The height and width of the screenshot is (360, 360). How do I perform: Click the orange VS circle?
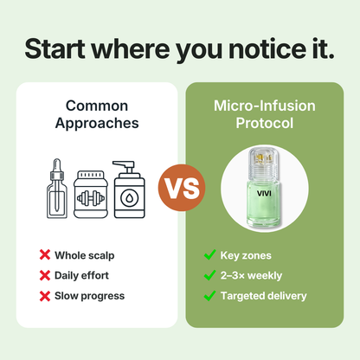coord(179,185)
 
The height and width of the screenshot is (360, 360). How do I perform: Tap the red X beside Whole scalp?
coord(44,255)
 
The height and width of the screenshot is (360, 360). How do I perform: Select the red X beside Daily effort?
coord(44,275)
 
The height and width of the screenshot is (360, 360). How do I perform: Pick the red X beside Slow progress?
coord(44,296)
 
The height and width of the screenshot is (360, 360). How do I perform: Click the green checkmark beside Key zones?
coord(209,255)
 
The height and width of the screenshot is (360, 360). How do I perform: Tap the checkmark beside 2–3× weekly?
coord(209,275)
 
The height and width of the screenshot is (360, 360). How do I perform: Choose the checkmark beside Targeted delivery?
coord(209,296)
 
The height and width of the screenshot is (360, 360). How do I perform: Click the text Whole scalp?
coord(85,255)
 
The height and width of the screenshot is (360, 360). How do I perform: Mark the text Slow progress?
coord(89,296)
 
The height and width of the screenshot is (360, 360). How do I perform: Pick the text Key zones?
coord(247,255)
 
